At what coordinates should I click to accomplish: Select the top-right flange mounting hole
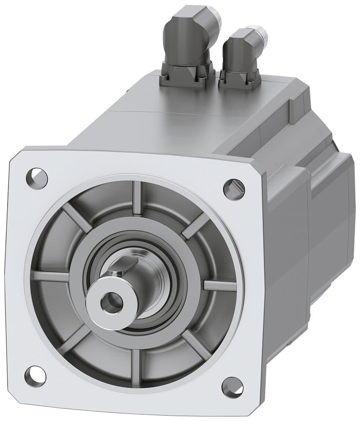click(234, 188)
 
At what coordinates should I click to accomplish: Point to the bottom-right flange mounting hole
click(232, 385)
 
